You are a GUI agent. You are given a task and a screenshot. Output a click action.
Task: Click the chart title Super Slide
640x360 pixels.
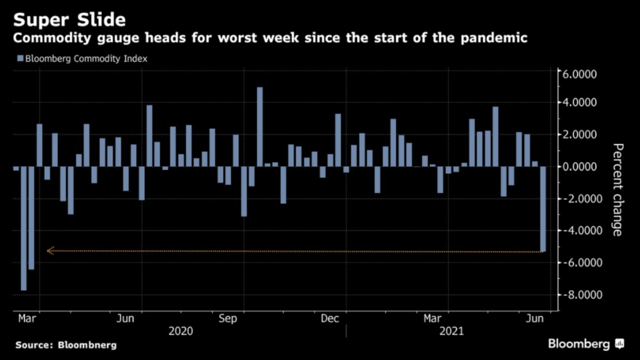tap(69, 20)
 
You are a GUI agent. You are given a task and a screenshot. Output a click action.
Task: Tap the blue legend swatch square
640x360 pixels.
tap(20, 59)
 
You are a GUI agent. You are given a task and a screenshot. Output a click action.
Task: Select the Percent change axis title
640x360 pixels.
tap(617, 189)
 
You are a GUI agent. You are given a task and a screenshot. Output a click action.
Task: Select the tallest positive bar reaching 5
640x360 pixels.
tap(260, 127)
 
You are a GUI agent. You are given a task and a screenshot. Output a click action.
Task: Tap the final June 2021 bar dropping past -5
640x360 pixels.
tap(543, 209)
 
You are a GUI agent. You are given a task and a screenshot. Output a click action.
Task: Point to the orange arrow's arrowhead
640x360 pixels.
tap(50, 251)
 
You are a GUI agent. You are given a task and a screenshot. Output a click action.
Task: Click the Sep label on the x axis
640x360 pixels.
tap(228, 319)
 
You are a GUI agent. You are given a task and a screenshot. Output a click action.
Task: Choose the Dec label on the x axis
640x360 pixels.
tap(329, 319)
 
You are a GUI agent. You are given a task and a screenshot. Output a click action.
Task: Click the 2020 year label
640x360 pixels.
tap(180, 332)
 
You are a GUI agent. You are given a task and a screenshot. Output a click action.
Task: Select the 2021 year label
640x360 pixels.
tap(451, 332)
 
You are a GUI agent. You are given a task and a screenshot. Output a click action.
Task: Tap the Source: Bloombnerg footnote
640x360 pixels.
tap(66, 345)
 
